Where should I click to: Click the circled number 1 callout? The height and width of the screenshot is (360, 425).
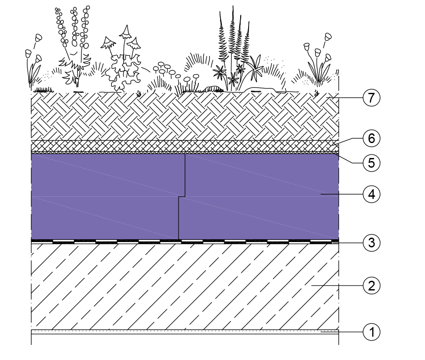[x=371, y=332]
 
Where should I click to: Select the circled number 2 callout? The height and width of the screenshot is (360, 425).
[x=371, y=286]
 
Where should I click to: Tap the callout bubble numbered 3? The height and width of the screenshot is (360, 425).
[x=371, y=242]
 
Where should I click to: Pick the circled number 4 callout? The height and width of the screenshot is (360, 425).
[x=371, y=195]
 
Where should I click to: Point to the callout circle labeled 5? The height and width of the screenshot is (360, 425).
[x=371, y=163]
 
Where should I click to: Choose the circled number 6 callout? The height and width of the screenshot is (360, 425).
[x=371, y=138]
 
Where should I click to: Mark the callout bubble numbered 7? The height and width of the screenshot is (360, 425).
[x=371, y=98]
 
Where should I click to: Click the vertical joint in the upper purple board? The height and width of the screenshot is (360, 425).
[x=185, y=175]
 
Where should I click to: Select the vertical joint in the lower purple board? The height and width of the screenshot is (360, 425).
[x=178, y=218]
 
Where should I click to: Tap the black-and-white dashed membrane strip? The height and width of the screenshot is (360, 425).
[x=185, y=241]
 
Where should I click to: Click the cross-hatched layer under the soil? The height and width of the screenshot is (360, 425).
[x=185, y=146]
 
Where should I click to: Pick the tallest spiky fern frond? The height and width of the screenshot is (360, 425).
[x=232, y=40]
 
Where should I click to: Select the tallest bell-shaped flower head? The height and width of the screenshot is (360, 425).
[x=125, y=32]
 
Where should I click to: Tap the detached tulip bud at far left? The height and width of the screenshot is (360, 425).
[x=38, y=38]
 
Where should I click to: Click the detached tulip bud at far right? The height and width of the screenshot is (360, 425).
[x=328, y=37]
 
